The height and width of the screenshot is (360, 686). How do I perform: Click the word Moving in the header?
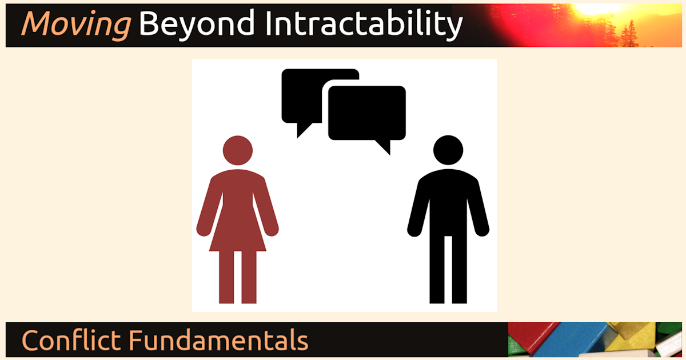pos(76,25)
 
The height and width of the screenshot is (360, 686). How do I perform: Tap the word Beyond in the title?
pos(197,25)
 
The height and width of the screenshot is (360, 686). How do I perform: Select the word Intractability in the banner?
pos(364,25)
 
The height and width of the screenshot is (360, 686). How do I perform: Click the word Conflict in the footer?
pos(71,340)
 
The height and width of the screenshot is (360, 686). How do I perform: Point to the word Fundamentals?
pos(218,340)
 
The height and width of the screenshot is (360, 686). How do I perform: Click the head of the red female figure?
pos(238,150)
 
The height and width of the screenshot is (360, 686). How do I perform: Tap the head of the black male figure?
pos(448,150)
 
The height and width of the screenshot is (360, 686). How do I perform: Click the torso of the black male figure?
pos(448,202)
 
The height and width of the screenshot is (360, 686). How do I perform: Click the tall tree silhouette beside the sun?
pos(630,34)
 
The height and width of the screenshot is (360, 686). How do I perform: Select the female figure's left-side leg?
pos(226,277)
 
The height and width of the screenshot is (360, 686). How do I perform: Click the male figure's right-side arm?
pos(478,208)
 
